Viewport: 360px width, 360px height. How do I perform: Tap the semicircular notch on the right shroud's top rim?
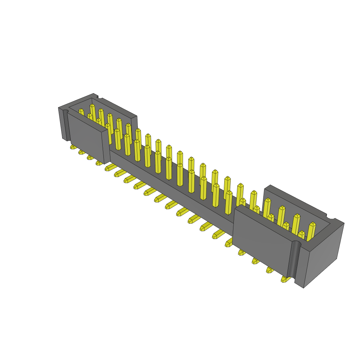(x=330, y=217)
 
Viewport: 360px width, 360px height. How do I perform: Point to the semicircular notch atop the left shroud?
(x=100, y=96)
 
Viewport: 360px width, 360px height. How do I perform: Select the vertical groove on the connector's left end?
(x=65, y=125)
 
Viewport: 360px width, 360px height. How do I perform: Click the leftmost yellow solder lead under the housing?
(x=73, y=147)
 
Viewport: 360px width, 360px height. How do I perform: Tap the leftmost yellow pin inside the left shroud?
(x=81, y=112)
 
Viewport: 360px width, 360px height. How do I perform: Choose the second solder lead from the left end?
(x=82, y=152)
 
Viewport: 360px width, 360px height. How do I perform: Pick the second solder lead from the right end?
(x=270, y=270)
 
